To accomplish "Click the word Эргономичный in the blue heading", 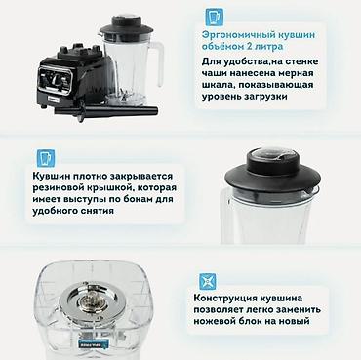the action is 239,35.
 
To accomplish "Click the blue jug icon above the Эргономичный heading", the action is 215,17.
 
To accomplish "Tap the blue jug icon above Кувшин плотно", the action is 46,158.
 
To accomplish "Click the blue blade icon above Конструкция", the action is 208,281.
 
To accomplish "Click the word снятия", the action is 97,211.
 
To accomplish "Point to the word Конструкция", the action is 225,298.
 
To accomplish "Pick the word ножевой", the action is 212,321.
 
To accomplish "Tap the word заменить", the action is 298,309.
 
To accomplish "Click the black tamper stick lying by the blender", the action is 106,110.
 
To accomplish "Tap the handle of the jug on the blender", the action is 158,63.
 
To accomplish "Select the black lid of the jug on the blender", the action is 127,26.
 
